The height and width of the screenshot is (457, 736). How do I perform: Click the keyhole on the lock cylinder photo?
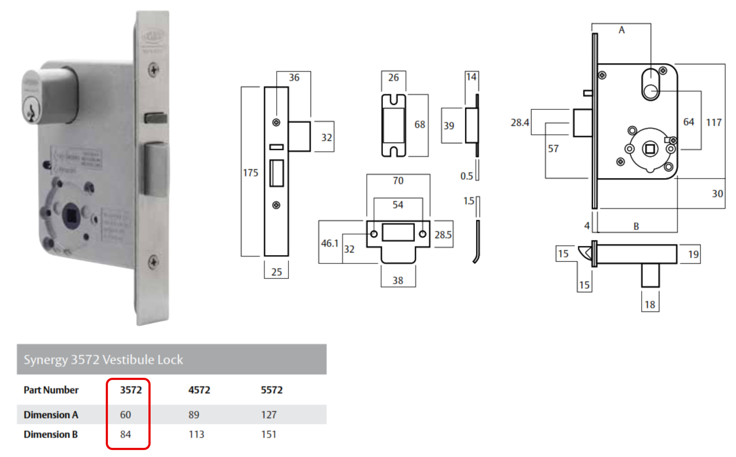pos(31,111)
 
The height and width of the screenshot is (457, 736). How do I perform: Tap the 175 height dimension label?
pos(251,173)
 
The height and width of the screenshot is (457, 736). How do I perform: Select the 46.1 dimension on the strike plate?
pos(329,243)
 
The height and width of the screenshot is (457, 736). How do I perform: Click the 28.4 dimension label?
pos(520,123)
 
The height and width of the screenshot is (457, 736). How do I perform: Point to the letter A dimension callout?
pos(622,30)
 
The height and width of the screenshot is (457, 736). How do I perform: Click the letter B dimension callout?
pos(636,226)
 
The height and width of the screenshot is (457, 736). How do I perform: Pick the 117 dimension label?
pos(713,123)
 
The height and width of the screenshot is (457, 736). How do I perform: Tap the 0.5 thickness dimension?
pos(467,176)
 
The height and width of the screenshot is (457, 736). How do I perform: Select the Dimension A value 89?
pos(194,415)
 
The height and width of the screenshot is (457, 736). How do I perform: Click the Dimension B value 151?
pos(269,434)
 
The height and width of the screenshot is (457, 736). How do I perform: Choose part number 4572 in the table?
pos(199,390)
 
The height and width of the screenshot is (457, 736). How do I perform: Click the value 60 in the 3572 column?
pos(125,415)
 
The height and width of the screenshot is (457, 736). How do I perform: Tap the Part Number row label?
pos(51,390)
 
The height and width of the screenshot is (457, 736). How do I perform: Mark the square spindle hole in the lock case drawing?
pos(650,149)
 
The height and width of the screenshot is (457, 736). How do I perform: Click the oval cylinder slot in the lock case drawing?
pos(651,84)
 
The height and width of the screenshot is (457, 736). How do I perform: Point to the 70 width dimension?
pos(398,181)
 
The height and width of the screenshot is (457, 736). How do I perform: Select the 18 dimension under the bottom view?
pos(650,305)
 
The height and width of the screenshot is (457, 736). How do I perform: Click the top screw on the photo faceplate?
pos(153,69)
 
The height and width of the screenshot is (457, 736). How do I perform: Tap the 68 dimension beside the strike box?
pos(420,125)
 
